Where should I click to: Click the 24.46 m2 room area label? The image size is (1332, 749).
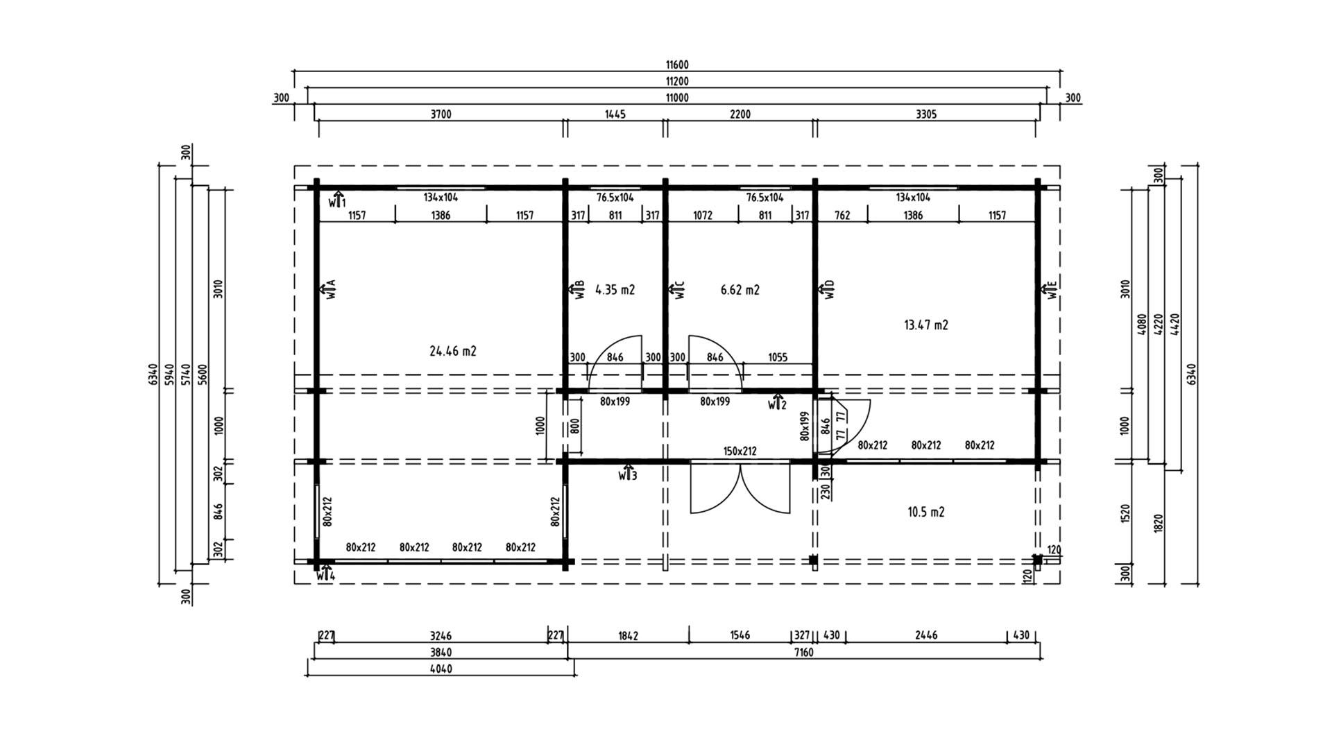point(453,352)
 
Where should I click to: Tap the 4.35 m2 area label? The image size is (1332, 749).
point(615,290)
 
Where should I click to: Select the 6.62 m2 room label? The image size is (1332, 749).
point(740,290)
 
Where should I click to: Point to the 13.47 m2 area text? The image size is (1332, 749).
point(926,325)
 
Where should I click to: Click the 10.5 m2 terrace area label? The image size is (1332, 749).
point(926,513)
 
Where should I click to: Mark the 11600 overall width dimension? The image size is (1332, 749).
point(677,65)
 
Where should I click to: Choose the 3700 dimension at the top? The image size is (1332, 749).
point(441,114)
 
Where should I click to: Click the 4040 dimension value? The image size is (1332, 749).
point(441,669)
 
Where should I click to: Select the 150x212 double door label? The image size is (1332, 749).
point(740,451)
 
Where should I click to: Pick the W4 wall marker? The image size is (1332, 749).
point(326,573)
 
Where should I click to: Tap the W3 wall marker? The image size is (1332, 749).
point(628,473)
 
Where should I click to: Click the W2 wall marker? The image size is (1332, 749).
point(777,403)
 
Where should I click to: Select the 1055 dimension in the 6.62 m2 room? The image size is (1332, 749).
point(778,358)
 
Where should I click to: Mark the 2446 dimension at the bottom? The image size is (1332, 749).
point(926,635)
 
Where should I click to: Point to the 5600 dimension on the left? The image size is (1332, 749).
point(203,374)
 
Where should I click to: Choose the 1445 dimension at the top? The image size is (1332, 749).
point(615,114)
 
